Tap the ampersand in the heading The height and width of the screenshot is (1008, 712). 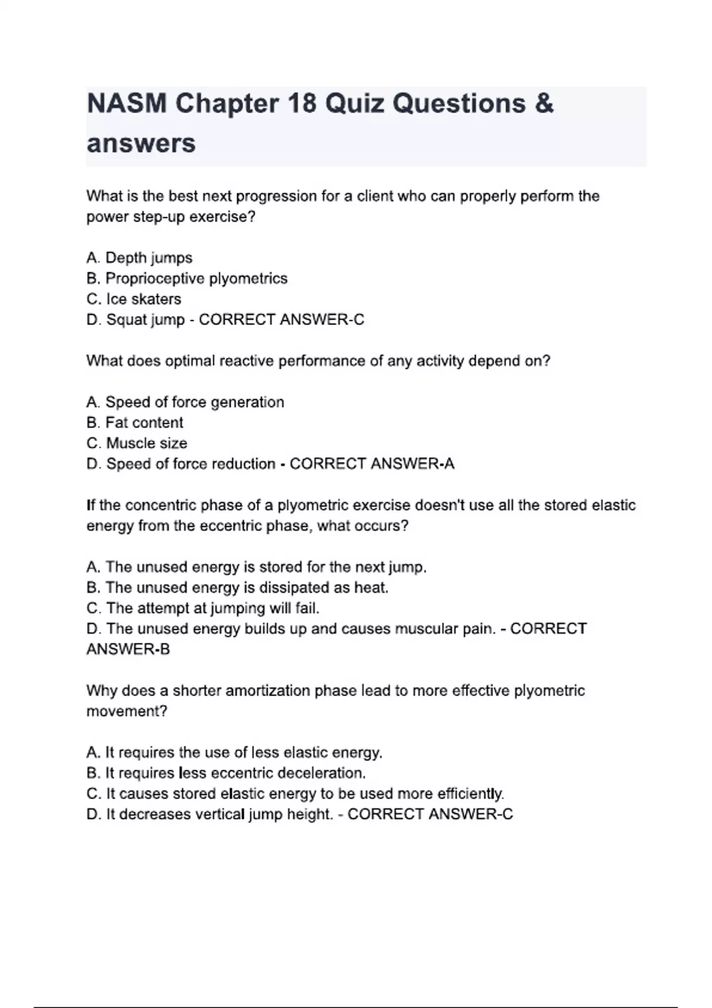point(543,104)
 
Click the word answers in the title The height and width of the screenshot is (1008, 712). point(141,143)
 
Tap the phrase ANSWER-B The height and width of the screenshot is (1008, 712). point(128,649)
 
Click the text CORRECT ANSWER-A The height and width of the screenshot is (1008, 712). point(372,464)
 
